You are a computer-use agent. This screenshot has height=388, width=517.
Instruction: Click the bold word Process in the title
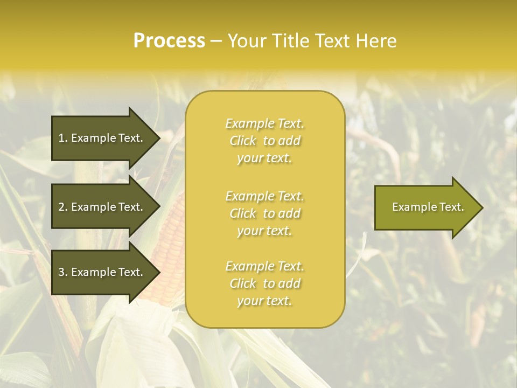(x=169, y=41)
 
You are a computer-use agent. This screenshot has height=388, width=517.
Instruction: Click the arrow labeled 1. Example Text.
(x=102, y=138)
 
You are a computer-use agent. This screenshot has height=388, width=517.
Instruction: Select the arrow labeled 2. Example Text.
(x=102, y=207)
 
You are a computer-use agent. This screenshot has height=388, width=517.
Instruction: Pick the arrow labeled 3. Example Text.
(x=102, y=272)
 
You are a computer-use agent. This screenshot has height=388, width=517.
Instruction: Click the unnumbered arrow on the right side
(x=425, y=207)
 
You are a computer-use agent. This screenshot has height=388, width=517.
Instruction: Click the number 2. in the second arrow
(x=63, y=207)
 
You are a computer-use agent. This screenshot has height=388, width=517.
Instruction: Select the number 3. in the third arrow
(x=63, y=272)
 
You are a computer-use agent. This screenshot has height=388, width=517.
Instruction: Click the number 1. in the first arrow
(x=63, y=138)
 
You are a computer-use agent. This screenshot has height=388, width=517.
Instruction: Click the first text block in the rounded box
(x=264, y=141)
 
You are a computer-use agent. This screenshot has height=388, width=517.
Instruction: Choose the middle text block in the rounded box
(x=264, y=213)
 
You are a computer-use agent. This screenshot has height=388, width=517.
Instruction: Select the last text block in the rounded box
(x=264, y=283)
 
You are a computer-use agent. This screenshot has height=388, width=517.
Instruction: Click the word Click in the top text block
(x=243, y=141)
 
